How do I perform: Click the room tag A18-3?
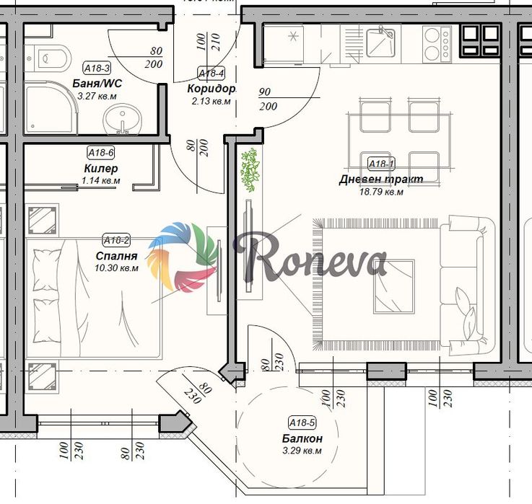pyautogui.click(x=97, y=68)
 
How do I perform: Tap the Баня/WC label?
pyautogui.click(x=97, y=84)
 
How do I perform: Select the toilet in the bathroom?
pyautogui.click(x=48, y=58)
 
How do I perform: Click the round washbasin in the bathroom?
pyautogui.click(x=122, y=119)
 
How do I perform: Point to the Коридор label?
pyautogui.click(x=211, y=89)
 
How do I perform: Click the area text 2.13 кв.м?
pyautogui.click(x=211, y=102)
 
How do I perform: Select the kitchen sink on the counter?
pyautogui.click(x=381, y=43)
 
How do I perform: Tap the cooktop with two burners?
pyautogui.click(x=437, y=45)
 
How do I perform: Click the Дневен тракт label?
pyautogui.click(x=381, y=179)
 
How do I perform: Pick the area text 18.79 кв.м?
pyautogui.click(x=381, y=192)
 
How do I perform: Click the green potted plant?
pyautogui.click(x=250, y=170)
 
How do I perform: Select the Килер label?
pyautogui.click(x=101, y=168)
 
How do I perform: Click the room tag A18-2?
pyautogui.click(x=116, y=241)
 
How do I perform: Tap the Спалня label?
pyautogui.click(x=116, y=256)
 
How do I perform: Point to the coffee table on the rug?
pyautogui.click(x=394, y=287)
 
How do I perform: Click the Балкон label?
pyautogui.click(x=302, y=438)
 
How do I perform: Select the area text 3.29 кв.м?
pyautogui.click(x=302, y=451)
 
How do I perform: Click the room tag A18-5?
pyautogui.click(x=302, y=423)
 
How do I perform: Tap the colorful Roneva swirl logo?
pyautogui.click(x=183, y=257)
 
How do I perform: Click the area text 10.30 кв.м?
pyautogui.click(x=116, y=268)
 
